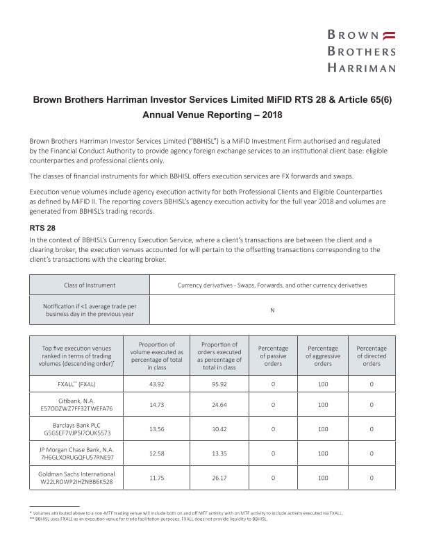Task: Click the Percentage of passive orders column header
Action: click(273, 355)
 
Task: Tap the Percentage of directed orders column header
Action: click(372, 355)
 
